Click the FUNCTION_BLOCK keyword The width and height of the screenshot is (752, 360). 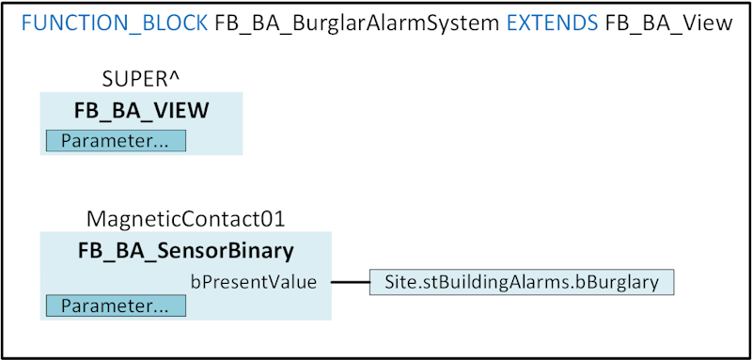pos(113,23)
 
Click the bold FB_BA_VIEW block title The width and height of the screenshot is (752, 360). pos(141,110)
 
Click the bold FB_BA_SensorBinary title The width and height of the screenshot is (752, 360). pos(184,250)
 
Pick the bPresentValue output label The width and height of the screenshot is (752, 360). pos(253,281)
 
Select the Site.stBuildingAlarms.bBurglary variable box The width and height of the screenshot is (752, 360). pos(522,281)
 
